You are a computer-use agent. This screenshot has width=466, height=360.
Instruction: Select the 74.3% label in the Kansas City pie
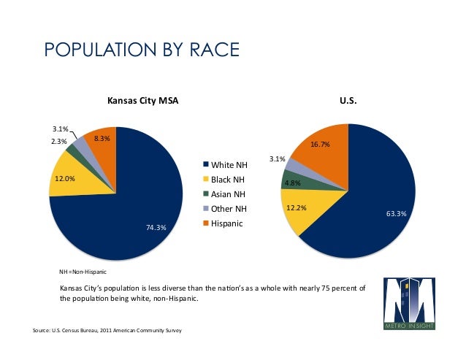click(x=156, y=228)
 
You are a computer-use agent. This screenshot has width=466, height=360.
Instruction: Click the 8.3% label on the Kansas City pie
click(x=102, y=139)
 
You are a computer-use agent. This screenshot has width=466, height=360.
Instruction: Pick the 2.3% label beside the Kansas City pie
click(x=58, y=142)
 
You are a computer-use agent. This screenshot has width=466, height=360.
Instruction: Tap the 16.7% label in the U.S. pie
click(x=320, y=145)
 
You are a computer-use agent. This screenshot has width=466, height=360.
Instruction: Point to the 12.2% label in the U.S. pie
click(x=295, y=208)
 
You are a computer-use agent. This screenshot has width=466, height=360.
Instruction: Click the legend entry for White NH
click(x=229, y=165)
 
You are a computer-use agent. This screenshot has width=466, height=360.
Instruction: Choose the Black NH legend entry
click(x=228, y=180)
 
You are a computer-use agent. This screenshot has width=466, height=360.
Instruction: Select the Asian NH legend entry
click(x=228, y=194)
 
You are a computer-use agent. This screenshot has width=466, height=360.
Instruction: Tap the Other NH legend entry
click(x=229, y=209)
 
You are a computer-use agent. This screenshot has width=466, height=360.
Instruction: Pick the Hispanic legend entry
click(x=226, y=223)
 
